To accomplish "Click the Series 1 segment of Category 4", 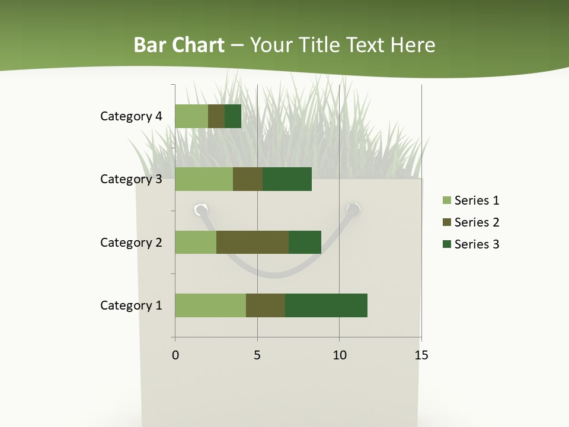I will tap(191, 116).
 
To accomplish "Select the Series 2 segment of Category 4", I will tap(216, 116).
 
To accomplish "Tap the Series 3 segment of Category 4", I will tap(233, 116).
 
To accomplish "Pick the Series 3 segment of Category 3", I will tap(287, 179).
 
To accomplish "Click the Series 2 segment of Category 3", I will tap(248, 179).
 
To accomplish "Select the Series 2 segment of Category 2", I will tap(252, 242).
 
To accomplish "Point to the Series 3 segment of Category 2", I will tap(305, 242).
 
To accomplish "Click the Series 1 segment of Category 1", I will tap(210, 305).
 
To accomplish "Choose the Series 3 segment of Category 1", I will tap(326, 305).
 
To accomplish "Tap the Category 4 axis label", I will tap(131, 116).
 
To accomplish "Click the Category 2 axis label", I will tap(131, 243).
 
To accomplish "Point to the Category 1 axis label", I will tap(131, 305).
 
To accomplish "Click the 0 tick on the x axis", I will tap(175, 355).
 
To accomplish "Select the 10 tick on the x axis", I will tap(339, 355).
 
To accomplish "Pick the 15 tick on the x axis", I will tap(421, 355).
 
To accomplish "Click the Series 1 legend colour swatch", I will tap(446, 200).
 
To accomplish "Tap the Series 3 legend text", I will tap(477, 244).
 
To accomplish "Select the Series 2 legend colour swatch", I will tap(446, 222).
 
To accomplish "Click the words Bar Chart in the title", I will tap(179, 45).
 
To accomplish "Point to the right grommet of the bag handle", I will tap(353, 209).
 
